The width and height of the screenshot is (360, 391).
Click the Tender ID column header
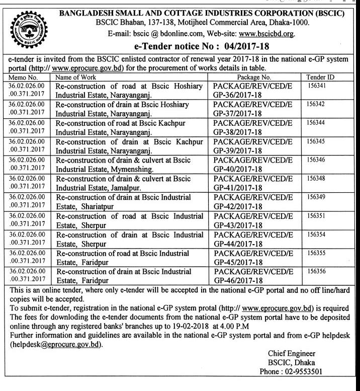tap(321, 78)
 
